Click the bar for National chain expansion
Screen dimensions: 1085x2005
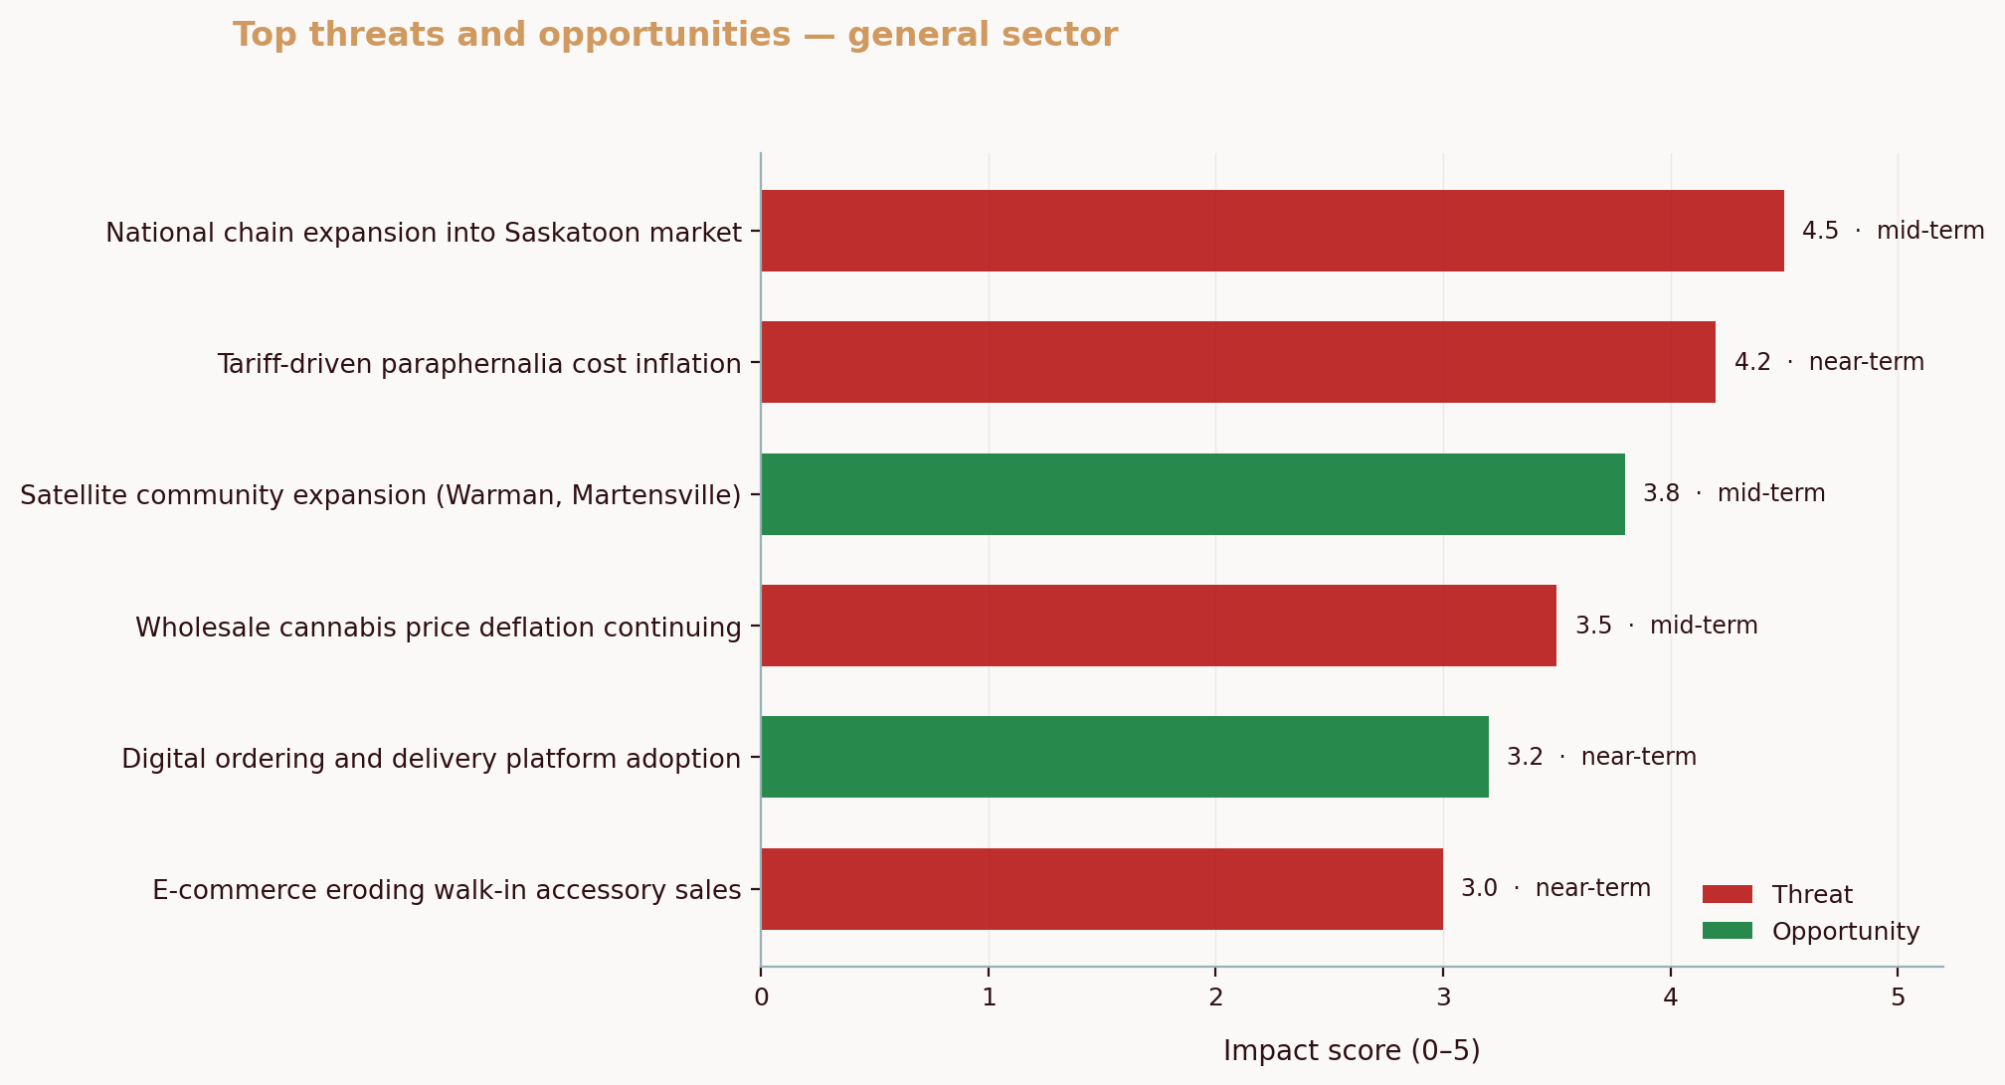(1272, 231)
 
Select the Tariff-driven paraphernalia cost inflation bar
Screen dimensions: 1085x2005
(1238, 362)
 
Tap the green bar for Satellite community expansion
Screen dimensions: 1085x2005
(1192, 494)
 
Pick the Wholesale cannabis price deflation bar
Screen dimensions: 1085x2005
(1159, 626)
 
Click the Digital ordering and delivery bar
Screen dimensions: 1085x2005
(1125, 757)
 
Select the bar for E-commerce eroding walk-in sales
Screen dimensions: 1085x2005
(1102, 889)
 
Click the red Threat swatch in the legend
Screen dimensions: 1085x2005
(1728, 894)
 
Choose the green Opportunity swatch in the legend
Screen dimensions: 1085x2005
(1728, 931)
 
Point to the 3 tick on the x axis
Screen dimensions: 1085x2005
(1443, 997)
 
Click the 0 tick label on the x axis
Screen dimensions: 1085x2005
(762, 997)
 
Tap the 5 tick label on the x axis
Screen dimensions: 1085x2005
(1898, 997)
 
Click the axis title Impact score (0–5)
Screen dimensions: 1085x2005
(1352, 1051)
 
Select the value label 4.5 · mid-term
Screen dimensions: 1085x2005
(1893, 231)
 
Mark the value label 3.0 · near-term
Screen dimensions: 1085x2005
(1555, 888)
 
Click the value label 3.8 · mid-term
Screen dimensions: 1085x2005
(1733, 493)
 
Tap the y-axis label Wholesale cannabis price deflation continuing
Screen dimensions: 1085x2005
(438, 628)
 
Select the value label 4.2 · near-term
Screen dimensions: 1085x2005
(1829, 362)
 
